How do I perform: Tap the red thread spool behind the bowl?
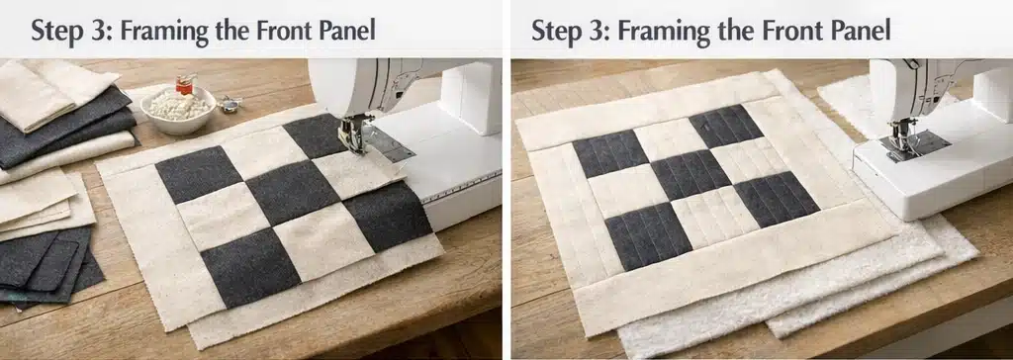pyautogui.click(x=185, y=83)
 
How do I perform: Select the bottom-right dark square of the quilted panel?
pyautogui.click(x=776, y=199)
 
